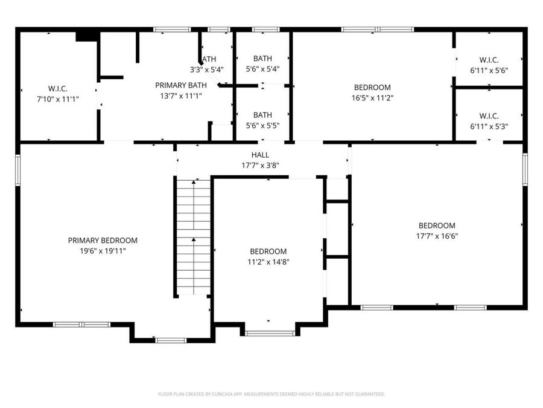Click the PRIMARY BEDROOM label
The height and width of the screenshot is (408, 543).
click(103, 240)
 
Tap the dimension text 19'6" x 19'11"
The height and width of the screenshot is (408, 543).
click(103, 250)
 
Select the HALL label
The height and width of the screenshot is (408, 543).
click(260, 155)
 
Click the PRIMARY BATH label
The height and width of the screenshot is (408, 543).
click(181, 85)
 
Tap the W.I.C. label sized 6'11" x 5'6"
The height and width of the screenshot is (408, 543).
click(489, 60)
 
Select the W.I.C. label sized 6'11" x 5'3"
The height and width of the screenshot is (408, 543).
click(489, 116)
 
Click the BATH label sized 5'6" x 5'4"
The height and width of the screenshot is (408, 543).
click(262, 59)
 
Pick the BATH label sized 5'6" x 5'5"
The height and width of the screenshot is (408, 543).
click(262, 115)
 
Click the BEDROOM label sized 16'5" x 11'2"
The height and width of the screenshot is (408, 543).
click(372, 88)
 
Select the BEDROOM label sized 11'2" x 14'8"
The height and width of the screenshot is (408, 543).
click(268, 251)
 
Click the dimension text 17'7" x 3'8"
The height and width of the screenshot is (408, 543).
click(260, 164)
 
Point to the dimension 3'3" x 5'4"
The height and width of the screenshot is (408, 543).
click(207, 69)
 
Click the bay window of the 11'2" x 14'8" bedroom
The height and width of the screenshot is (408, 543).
click(270, 333)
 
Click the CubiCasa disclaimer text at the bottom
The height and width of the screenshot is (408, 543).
click(271, 394)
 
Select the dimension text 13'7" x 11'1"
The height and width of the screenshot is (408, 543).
click(181, 95)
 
